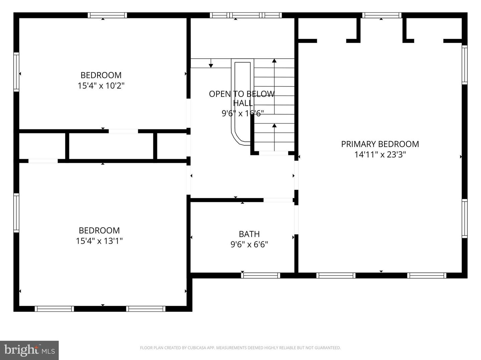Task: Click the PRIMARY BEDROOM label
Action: [380, 144]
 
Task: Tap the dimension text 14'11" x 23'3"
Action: [380, 155]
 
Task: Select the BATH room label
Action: [249, 234]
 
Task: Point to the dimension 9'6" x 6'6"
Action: [249, 245]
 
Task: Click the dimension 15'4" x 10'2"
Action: [101, 86]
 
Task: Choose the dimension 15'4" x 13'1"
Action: [99, 241]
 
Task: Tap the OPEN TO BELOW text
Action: [242, 94]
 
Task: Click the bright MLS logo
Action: [29, 350]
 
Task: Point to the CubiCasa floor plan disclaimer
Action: [240, 348]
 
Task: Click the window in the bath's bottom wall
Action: [260, 275]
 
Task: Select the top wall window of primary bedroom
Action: [381, 15]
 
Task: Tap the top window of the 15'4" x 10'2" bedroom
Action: [107, 15]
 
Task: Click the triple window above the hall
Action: [246, 15]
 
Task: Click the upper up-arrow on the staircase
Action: [274, 61]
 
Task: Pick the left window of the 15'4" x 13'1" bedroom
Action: [16, 213]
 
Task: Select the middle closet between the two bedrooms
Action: [111, 146]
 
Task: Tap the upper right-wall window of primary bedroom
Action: [464, 64]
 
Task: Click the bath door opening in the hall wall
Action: [278, 200]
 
